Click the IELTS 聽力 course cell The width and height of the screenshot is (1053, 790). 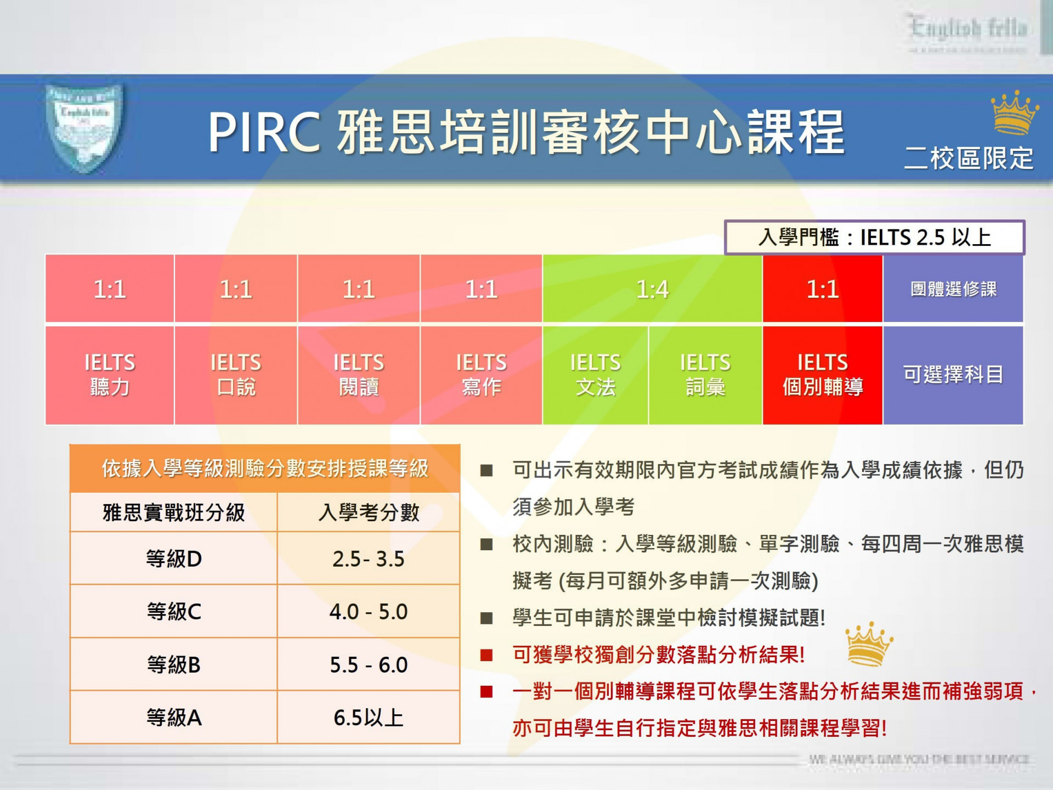pyautogui.click(x=110, y=375)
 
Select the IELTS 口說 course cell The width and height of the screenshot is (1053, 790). pyautogui.click(x=236, y=375)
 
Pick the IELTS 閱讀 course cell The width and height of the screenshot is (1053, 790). pyautogui.click(x=359, y=375)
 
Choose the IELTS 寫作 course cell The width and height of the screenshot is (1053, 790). pyautogui.click(x=481, y=375)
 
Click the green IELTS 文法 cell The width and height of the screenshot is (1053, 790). pyautogui.click(x=595, y=375)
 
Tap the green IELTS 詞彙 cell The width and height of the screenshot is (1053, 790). pyautogui.click(x=705, y=375)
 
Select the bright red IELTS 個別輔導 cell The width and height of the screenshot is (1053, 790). pyautogui.click(x=822, y=375)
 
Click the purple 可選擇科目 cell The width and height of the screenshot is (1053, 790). pyautogui.click(x=953, y=375)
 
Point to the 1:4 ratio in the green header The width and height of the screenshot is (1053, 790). pyautogui.click(x=652, y=289)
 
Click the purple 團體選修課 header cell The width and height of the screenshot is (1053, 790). pyautogui.click(x=953, y=289)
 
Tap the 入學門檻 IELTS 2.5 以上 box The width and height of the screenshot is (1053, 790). pyautogui.click(x=874, y=238)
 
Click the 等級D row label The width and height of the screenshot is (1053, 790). pyautogui.click(x=174, y=558)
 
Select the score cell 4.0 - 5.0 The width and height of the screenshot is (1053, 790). pyautogui.click(x=368, y=611)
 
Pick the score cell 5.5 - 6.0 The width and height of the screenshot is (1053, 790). pyautogui.click(x=368, y=664)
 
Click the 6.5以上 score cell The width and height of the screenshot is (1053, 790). pyautogui.click(x=368, y=717)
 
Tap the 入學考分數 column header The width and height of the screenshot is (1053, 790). pyautogui.click(x=368, y=512)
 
